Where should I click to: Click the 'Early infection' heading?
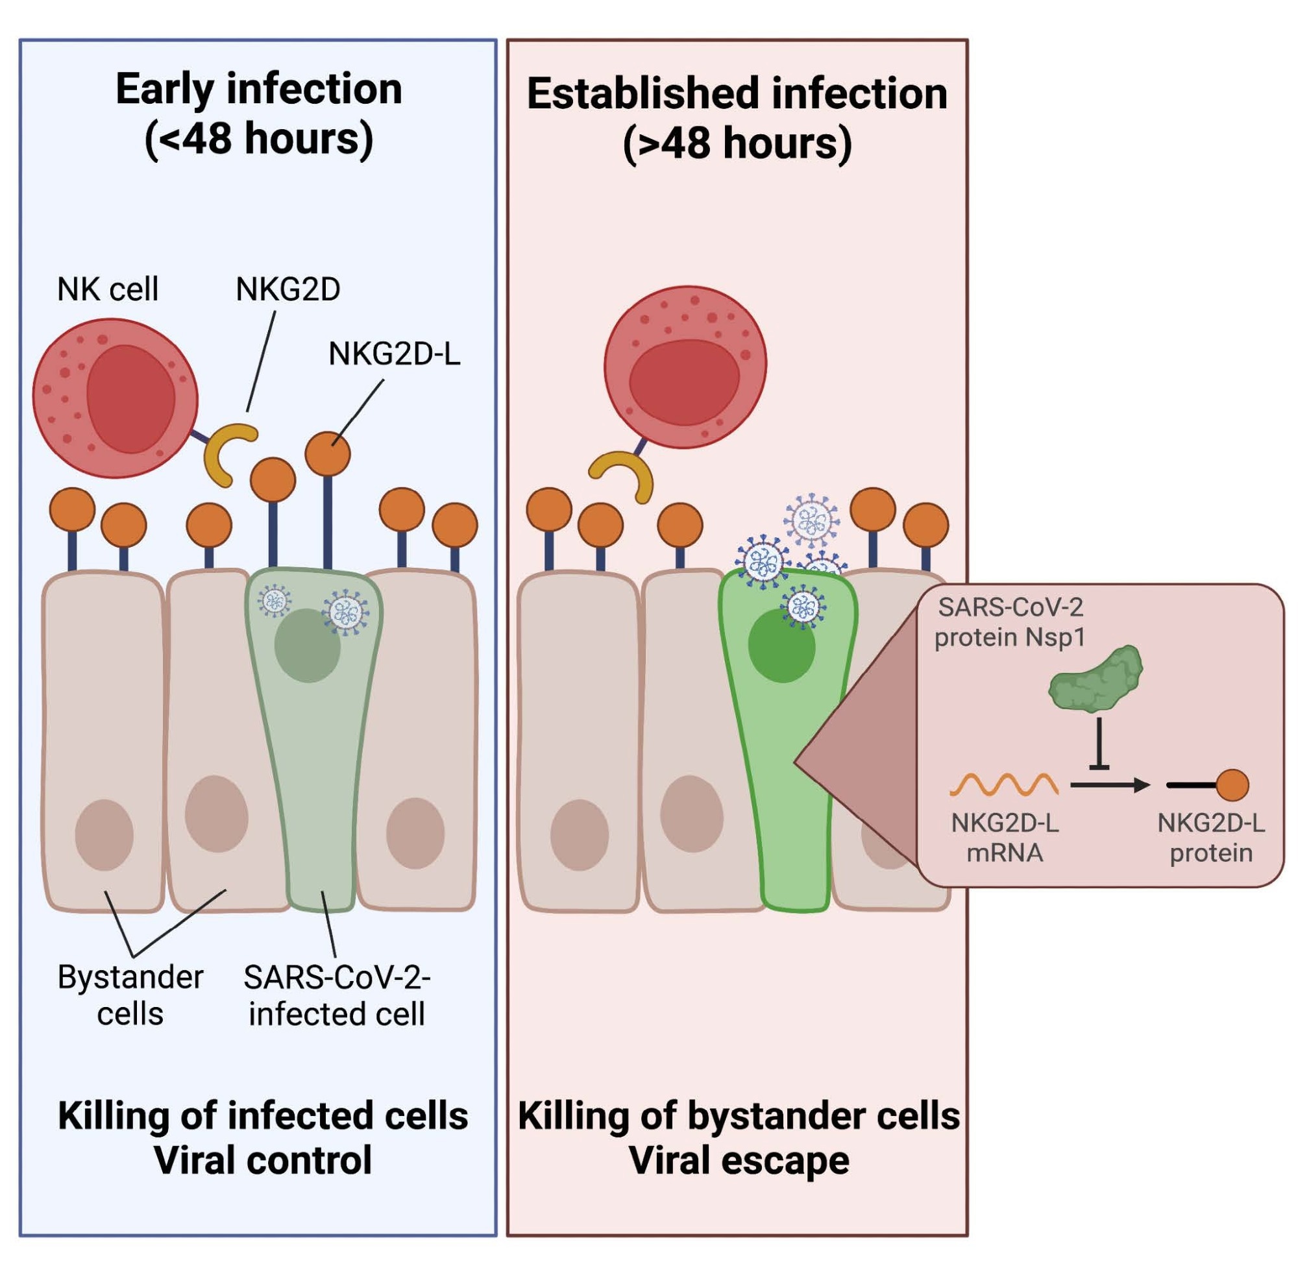click(258, 88)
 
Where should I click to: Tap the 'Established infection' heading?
click(737, 93)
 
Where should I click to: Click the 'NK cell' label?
click(107, 289)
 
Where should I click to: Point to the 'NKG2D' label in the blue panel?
click(288, 289)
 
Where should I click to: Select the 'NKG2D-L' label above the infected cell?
click(394, 354)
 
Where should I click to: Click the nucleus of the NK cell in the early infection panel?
click(130, 399)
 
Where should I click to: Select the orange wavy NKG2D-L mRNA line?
click(1003, 784)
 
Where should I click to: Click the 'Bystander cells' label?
click(130, 995)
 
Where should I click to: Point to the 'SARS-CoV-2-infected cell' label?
click(336, 995)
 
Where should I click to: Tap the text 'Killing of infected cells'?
click(263, 1116)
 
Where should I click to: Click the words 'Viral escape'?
click(738, 1161)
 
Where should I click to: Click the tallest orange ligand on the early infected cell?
click(328, 454)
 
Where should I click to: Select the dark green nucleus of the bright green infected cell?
click(781, 647)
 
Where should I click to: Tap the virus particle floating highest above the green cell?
click(812, 520)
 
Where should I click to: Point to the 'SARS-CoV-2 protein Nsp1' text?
click(1009, 622)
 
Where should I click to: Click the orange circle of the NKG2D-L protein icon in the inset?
click(1231, 785)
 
